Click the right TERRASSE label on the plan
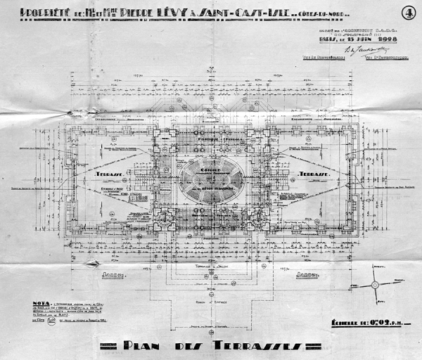(x=311, y=174)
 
